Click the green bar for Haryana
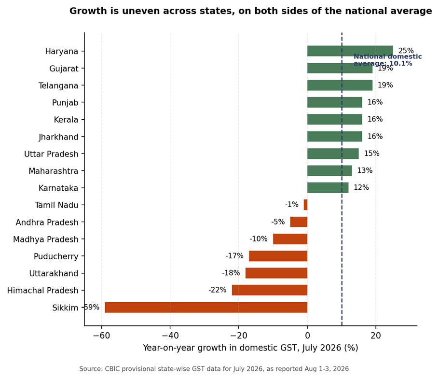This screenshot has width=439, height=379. [350, 51]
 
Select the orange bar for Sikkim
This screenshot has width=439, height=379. [206, 307]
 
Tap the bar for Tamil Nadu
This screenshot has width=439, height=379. [305, 205]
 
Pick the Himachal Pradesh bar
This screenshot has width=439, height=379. [270, 290]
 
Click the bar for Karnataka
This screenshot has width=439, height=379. [328, 188]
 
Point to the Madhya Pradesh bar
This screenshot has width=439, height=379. [290, 239]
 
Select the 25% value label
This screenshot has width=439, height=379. [406, 51]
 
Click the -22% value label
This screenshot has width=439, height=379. [217, 290]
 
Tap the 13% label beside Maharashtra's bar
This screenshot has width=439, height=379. [365, 170]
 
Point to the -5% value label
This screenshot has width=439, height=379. [278, 222]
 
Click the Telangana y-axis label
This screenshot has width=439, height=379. [58, 86]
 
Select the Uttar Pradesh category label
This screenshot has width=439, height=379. [51, 154]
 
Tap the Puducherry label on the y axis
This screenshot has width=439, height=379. [56, 256]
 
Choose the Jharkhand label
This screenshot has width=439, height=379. [58, 137]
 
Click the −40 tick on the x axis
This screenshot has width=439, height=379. [170, 335]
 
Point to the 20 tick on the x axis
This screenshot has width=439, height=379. [376, 335]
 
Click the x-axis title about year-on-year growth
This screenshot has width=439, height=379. [250, 348]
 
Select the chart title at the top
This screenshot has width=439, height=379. [250, 11]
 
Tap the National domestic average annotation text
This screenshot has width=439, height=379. [387, 60]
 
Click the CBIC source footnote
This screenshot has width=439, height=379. [214, 369]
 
